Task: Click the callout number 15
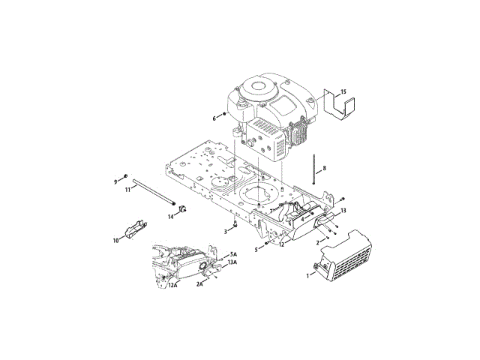click(344, 92)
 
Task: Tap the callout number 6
click(214, 118)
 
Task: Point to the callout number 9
click(116, 181)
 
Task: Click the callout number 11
click(127, 190)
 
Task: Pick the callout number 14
click(170, 216)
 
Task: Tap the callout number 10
click(115, 241)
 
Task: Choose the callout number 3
click(224, 232)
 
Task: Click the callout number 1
click(307, 275)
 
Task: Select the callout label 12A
click(172, 285)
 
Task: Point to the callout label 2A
click(201, 284)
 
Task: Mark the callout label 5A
click(233, 254)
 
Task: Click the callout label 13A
click(233, 262)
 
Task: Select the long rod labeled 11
click(154, 193)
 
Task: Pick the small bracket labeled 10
click(133, 229)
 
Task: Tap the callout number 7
click(271, 211)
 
